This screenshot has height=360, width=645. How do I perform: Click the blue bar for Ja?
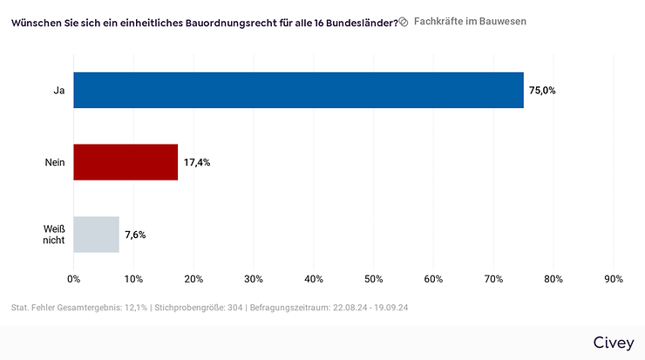[298, 90]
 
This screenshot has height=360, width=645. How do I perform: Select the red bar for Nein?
[126, 162]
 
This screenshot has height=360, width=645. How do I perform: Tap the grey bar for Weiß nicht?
[96, 234]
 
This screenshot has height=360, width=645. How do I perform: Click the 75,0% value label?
[542, 90]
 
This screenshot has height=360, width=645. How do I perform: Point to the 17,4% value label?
[197, 162]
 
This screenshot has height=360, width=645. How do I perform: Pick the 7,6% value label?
[135, 234]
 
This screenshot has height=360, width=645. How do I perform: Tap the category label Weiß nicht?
[54, 234]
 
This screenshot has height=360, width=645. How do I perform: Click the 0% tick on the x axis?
[74, 279]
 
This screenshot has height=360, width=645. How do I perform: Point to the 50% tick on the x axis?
[373, 279]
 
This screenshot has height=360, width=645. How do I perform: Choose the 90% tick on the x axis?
[613, 279]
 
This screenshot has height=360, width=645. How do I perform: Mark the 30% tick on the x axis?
[254, 279]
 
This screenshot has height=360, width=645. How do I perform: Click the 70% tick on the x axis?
[493, 279]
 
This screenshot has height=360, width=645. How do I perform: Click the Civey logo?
[614, 342]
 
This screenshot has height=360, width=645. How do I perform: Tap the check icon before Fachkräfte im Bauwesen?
[404, 21]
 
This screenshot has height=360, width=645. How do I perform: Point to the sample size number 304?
[234, 308]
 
